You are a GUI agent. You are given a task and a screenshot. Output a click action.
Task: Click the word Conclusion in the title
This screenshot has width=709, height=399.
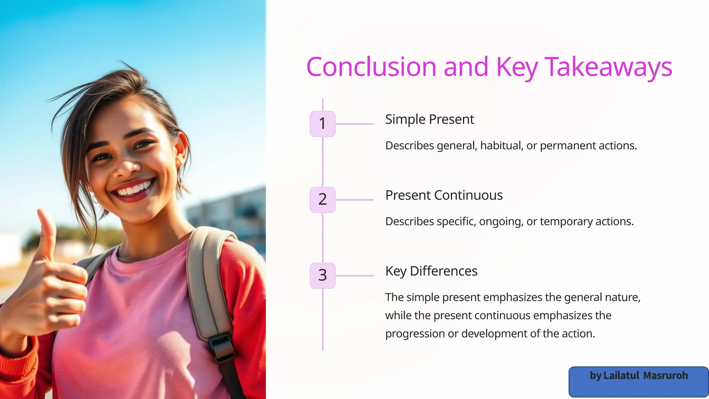371,67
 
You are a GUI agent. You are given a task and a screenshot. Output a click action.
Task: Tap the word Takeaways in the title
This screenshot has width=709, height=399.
608,67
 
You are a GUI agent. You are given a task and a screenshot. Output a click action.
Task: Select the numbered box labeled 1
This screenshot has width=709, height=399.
322,124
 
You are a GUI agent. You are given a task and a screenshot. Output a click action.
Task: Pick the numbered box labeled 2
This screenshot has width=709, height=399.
322,199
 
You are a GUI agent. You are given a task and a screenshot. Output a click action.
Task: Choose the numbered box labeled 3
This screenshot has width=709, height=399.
322,275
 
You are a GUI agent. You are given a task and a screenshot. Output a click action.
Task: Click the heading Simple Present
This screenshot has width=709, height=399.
429,119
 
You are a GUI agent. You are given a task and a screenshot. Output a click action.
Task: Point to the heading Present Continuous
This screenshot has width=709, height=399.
444,195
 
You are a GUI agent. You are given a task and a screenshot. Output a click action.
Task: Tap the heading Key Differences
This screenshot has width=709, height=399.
431,271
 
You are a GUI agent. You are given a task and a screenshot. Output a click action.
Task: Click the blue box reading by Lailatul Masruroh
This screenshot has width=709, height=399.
638,381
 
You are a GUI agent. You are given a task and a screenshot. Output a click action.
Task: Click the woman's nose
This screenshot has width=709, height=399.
128,166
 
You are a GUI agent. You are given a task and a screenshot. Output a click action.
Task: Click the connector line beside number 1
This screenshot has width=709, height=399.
354,124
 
